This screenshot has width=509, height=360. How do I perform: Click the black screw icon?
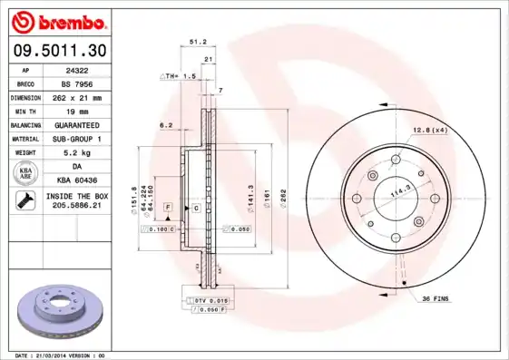[24, 201]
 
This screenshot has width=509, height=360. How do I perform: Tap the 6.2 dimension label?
[166, 124]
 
